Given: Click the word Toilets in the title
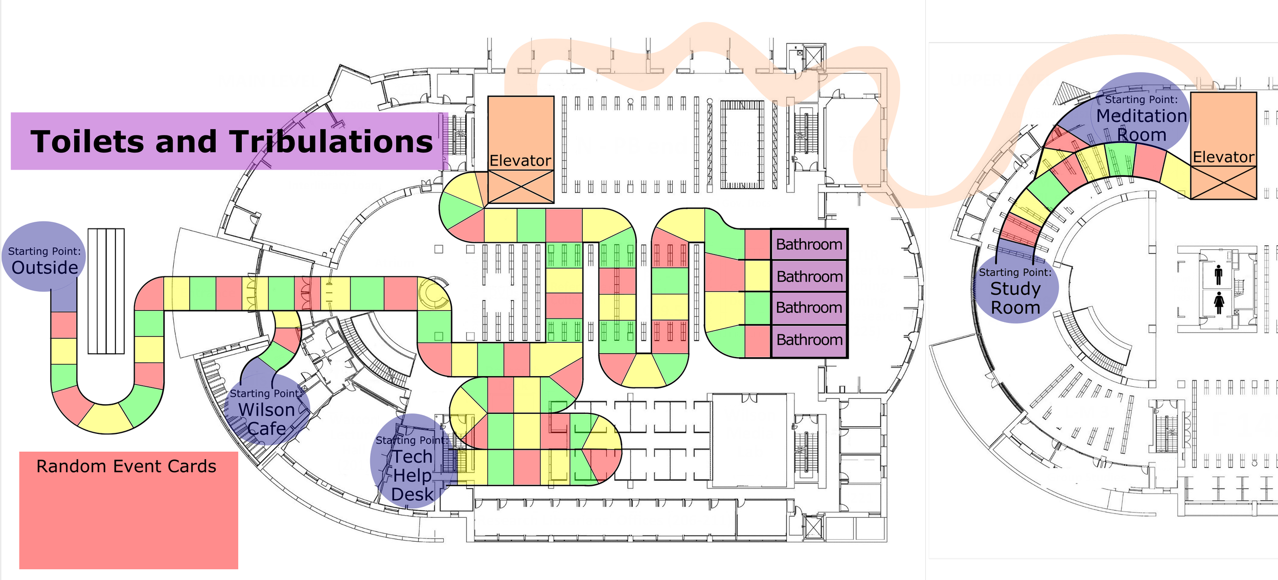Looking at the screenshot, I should (x=88, y=142).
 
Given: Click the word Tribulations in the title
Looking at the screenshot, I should (x=331, y=142).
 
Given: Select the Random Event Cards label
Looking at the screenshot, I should (x=126, y=467).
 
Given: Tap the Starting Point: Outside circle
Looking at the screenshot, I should (x=44, y=257).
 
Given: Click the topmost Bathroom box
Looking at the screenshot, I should (x=809, y=244).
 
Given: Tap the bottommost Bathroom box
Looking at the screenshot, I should (x=809, y=340).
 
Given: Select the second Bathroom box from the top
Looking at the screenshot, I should (x=809, y=276).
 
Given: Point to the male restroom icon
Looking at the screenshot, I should (x=1219, y=275).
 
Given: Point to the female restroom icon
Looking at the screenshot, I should (x=1219, y=303).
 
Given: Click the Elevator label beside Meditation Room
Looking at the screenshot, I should (x=1223, y=157).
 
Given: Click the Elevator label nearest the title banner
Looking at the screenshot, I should (x=520, y=160).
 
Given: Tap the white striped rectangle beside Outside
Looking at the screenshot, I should (x=106, y=291).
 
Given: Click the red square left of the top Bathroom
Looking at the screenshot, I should (x=757, y=244).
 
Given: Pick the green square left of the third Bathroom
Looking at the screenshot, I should (x=757, y=308).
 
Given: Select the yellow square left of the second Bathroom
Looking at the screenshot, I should (x=757, y=276).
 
